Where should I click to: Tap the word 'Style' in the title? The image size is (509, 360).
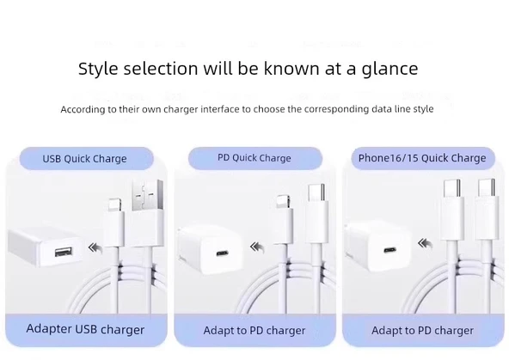click(x=98, y=69)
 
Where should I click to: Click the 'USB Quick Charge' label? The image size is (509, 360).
click(x=84, y=158)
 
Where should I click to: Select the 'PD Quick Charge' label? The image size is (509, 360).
click(x=254, y=158)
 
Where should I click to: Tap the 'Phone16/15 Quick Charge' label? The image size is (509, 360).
click(x=422, y=158)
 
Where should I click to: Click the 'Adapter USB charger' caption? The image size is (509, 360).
click(x=85, y=329)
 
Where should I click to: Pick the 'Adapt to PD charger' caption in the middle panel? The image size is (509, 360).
click(x=254, y=330)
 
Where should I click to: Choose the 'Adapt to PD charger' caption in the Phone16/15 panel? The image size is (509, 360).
click(x=422, y=330)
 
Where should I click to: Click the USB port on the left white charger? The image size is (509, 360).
click(x=62, y=253)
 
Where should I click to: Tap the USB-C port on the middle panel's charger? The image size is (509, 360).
click(x=222, y=255)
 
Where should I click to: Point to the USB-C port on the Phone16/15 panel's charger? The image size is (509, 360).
click(x=389, y=255)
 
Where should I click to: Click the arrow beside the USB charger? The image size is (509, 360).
click(x=99, y=248)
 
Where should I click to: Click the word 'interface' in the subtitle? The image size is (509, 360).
click(x=218, y=109)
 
